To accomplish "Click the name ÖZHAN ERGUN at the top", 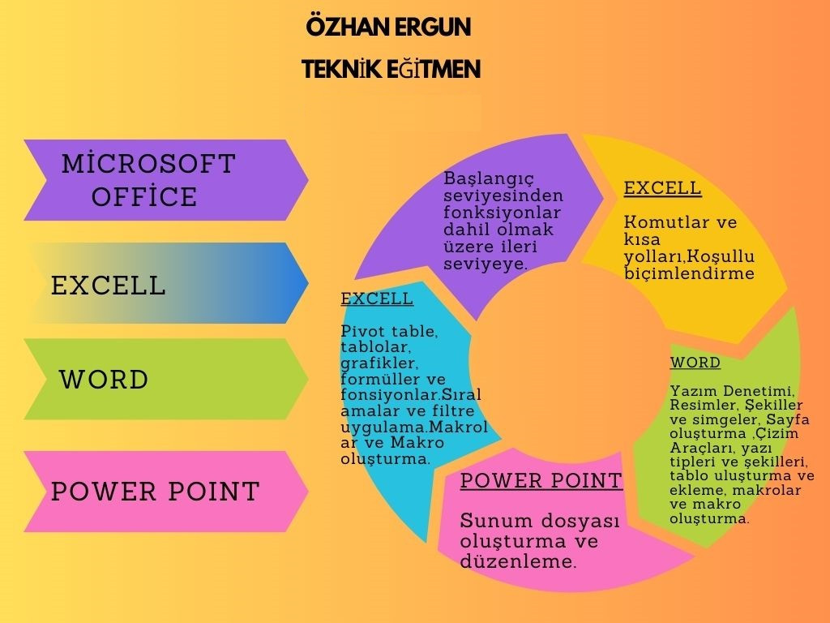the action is pos(388,27).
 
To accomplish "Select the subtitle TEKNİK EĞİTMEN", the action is pos(391,69).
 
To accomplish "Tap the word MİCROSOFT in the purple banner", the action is pos(149,163).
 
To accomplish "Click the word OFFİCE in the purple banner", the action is pos(144,196).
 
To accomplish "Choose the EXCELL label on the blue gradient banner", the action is pos(109,286).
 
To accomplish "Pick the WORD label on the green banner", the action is pos(104,380).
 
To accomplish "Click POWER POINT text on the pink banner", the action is pos(156,491).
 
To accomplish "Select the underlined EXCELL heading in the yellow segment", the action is pos(663,188).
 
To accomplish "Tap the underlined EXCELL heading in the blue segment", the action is pos(377,299).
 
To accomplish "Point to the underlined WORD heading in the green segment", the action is pos(695,363).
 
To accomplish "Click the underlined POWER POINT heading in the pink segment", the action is pos(541,480).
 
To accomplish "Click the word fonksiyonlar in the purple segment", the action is pos(502,213).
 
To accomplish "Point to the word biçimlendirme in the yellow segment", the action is pos(689,273).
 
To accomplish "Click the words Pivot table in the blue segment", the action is pos(389,332).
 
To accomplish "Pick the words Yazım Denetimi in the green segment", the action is pos(733,391).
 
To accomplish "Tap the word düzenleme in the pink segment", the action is pos(518,561).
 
